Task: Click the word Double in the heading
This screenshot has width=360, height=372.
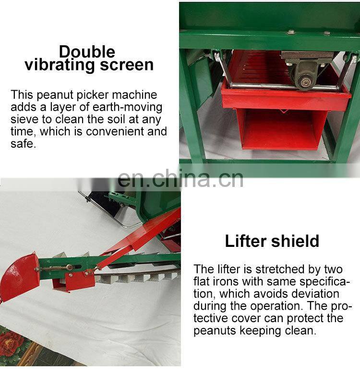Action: point(87,52)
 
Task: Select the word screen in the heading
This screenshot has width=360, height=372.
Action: point(127,65)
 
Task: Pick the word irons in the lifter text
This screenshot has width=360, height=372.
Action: point(223,281)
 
